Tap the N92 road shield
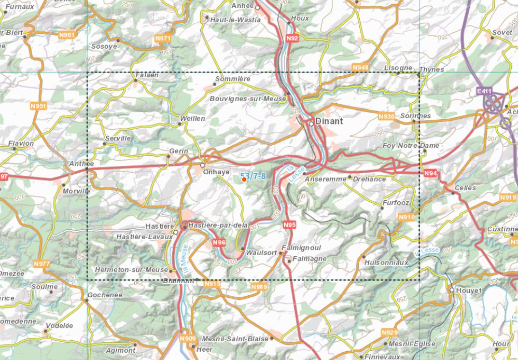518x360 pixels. pos(292,38)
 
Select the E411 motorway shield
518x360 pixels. pos(484,91)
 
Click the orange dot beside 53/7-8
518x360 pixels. pos(244,179)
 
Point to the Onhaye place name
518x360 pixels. pos(216,172)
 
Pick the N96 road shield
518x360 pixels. pos(219,242)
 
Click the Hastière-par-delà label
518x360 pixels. pos(218,225)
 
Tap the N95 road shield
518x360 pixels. pos(289,225)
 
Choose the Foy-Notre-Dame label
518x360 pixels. pos(411,146)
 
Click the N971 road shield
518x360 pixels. pos(163,38)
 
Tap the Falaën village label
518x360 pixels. pos(147,75)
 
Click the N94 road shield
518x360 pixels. pos(430,173)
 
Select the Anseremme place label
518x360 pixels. pos(325,179)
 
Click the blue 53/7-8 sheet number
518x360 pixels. pos(253,176)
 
